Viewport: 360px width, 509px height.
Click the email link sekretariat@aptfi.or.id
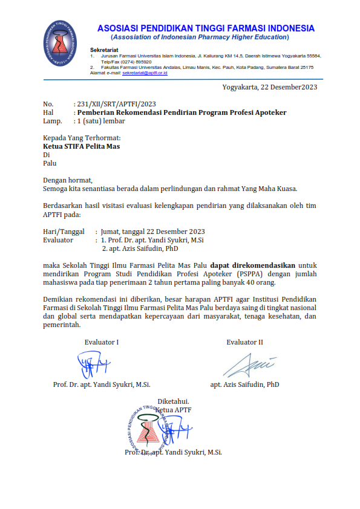(x=145, y=73)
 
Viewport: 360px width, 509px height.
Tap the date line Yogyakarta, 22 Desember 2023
(x=270, y=86)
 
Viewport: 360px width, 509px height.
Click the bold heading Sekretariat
(x=104, y=49)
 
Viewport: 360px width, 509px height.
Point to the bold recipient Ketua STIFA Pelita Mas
(x=82, y=146)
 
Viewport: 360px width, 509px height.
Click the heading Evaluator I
(x=102, y=342)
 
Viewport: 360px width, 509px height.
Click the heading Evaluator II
(x=245, y=342)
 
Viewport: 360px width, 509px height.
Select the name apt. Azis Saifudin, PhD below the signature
(x=245, y=384)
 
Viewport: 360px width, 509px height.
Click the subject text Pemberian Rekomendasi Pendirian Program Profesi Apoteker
(x=182, y=112)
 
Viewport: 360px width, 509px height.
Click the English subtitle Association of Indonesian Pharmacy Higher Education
(x=206, y=37)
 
